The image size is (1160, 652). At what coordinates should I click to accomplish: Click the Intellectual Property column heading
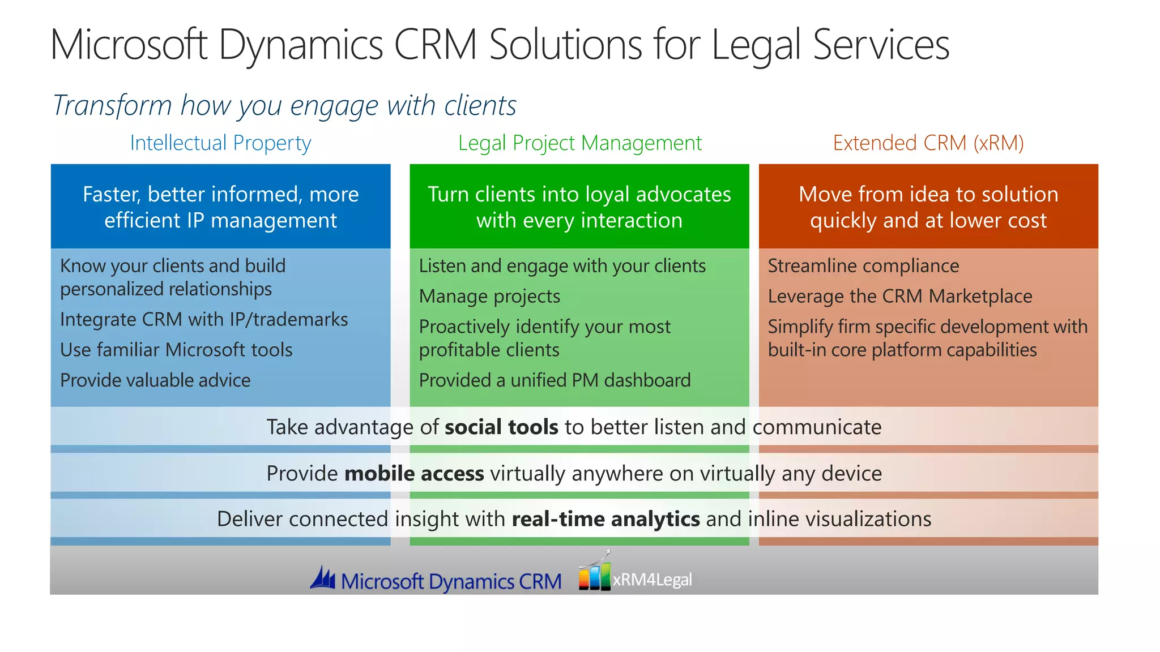pos(220,143)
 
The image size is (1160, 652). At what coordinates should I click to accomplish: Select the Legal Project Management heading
pos(579,143)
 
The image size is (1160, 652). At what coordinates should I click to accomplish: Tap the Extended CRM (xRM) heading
pos(928,143)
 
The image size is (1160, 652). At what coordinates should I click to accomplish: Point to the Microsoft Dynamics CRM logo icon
pos(323,578)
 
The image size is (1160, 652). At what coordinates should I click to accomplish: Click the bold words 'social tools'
pos(501,427)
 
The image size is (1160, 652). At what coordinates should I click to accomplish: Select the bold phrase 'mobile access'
pos(414,474)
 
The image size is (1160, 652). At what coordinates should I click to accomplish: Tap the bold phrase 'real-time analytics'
pos(605,520)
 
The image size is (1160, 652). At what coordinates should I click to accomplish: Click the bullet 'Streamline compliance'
pos(863,266)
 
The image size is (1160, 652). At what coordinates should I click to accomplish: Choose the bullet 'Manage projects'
pos(489,297)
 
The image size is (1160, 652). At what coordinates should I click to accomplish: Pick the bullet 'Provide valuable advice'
pos(155,380)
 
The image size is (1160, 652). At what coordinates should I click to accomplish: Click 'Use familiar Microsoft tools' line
pos(176,350)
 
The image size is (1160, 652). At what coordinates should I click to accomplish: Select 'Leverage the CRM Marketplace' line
pos(899,297)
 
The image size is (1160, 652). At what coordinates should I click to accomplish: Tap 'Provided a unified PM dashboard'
pos(555,380)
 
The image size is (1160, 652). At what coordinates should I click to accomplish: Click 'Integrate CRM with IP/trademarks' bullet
pos(204,320)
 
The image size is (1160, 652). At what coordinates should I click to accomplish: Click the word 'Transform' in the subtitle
pos(112,106)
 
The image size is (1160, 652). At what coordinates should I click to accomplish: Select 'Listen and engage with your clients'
pos(562,266)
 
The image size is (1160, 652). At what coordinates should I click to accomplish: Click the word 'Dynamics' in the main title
pos(301,45)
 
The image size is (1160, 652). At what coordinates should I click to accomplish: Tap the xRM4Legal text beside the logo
pos(652,580)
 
